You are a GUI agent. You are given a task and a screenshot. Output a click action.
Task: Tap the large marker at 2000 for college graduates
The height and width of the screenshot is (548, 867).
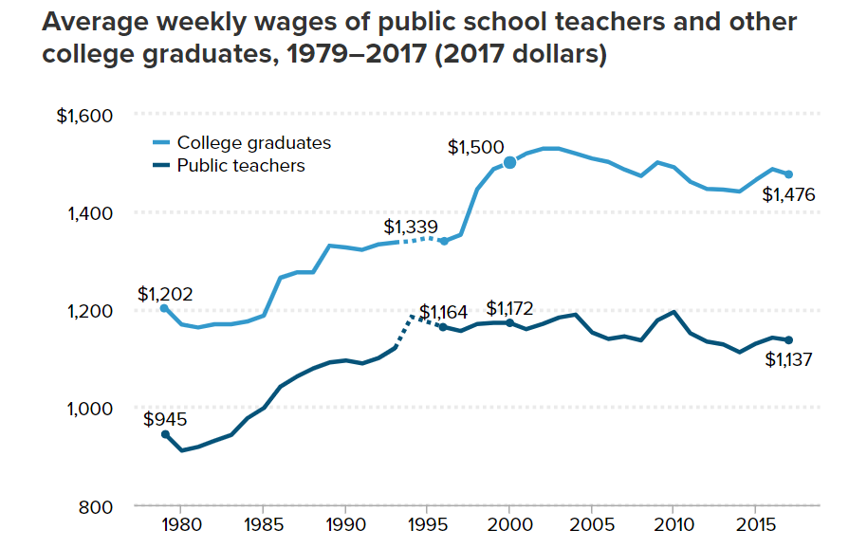(509, 162)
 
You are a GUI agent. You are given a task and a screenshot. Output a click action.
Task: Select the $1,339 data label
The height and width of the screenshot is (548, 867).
(411, 228)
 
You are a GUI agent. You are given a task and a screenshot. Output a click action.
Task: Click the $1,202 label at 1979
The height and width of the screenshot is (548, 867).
(165, 294)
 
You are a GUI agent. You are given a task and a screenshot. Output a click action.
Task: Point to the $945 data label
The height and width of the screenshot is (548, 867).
(165, 419)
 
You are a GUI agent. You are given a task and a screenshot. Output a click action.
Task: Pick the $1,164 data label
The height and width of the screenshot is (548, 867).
(444, 312)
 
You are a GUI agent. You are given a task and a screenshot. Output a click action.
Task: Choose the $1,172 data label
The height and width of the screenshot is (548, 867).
(509, 308)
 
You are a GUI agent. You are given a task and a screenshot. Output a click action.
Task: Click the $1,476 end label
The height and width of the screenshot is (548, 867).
(789, 195)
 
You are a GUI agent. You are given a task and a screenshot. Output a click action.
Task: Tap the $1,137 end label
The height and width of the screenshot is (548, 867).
(789, 359)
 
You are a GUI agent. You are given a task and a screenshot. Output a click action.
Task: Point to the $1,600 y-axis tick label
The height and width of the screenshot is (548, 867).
(85, 116)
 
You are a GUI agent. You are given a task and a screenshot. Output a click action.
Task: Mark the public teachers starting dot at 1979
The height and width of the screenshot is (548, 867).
(165, 434)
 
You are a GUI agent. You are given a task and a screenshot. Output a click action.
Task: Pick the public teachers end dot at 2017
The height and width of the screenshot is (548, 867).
(788, 339)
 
